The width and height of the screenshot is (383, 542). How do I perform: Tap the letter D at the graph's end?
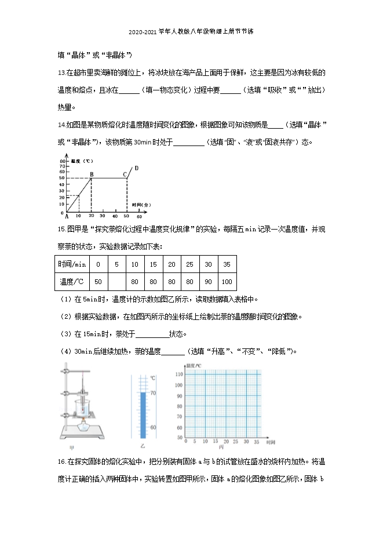tap(136, 168)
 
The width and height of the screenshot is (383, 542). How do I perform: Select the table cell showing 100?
tap(227, 282)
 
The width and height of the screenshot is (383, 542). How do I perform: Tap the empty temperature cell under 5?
tap(116, 282)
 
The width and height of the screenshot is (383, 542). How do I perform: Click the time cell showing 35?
tap(227, 264)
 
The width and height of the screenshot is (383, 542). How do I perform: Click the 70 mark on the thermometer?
tap(153, 393)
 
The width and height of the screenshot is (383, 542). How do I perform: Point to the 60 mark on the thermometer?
tap(153, 427)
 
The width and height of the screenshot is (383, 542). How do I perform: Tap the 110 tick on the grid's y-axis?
tap(180, 374)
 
